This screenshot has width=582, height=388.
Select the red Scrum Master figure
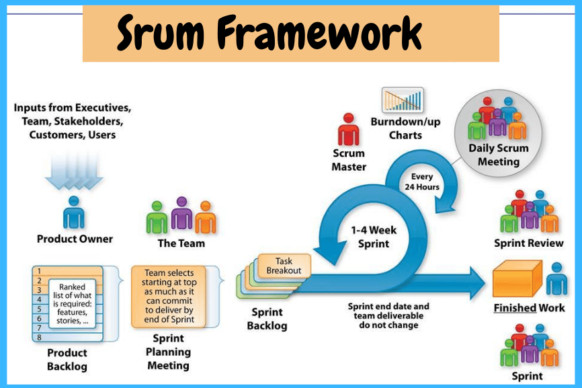348,129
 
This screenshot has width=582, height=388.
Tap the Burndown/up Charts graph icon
403,100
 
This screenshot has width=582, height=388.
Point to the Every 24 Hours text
422,182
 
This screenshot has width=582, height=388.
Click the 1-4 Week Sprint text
374,237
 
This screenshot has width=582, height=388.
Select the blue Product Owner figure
74,212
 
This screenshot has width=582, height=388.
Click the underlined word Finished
514,308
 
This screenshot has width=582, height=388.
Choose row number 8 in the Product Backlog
40,337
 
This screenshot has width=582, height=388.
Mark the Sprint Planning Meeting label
168,352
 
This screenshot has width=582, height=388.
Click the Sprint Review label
529,243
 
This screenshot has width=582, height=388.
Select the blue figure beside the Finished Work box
556,278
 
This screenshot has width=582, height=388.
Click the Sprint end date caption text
388,315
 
